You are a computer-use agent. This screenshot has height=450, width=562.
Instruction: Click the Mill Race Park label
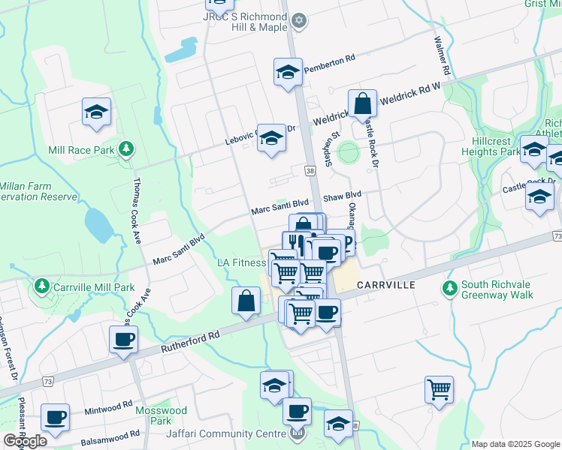click(x=80, y=150)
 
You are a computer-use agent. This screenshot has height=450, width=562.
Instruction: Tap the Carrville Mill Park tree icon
click(x=40, y=286)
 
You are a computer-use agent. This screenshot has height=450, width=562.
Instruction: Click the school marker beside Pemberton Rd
click(x=287, y=73)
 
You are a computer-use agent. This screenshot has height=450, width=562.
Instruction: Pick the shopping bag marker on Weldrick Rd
click(x=362, y=103)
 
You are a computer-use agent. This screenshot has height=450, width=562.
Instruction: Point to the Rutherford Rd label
click(x=192, y=343)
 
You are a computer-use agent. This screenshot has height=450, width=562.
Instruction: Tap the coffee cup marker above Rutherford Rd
click(x=123, y=339)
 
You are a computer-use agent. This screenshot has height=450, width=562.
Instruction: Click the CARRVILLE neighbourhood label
click(x=386, y=285)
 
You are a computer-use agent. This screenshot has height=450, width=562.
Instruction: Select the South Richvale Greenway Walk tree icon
click(x=450, y=287)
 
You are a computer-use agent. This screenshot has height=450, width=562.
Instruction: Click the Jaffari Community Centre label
click(x=231, y=433)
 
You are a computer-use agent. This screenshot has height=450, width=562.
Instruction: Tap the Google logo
click(x=25, y=441)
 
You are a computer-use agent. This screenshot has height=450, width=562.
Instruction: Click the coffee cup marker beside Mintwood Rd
click(x=55, y=417)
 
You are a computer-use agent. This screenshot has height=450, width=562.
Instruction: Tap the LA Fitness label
click(x=241, y=262)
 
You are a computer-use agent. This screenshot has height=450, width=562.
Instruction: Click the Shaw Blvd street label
click(x=342, y=195)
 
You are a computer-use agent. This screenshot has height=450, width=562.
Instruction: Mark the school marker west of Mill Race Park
click(x=97, y=112)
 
